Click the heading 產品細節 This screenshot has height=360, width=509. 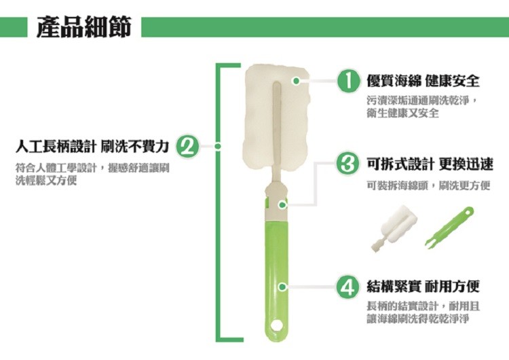pos(84,26)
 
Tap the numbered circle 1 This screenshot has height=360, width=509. pos(348,81)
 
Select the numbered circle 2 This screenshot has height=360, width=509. pos(187,147)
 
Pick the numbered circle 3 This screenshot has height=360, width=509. pos(348,164)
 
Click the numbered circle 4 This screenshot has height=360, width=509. pos(348,287)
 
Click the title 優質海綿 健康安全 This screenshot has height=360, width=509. pos(423,81)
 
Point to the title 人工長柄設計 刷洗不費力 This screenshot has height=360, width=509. pos(92,147)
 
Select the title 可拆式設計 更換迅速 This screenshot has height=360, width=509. pos(430,164)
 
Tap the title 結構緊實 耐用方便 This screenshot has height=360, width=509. pos(423,287)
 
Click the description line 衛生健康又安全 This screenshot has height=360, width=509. pos(403,113)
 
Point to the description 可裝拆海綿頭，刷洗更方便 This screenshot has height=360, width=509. pos(428,185)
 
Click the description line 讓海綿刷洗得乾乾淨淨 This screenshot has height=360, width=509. pos(418,319)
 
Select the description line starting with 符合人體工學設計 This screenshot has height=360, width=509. pos(92,168)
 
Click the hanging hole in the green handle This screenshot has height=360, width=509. pos(278,325)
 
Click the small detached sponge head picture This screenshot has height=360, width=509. pos(394,228)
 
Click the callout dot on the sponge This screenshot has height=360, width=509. pos(296,81)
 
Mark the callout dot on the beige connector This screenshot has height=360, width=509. pos(282,205)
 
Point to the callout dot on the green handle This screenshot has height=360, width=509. pos(282,287)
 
